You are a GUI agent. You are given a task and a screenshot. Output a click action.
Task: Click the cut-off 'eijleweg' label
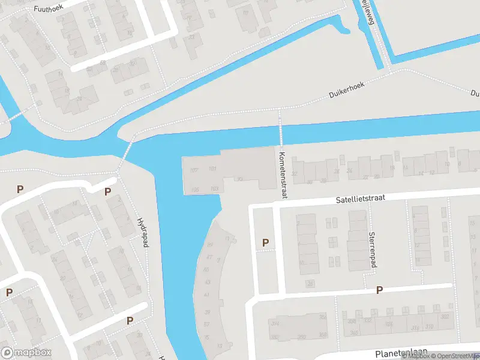click(365, 12)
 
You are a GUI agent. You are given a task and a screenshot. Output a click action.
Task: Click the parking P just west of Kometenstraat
click(265, 242)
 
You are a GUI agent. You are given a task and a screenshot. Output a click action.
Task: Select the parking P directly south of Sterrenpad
click(379, 290)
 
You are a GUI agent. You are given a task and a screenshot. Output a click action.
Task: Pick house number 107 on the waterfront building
click(194, 170)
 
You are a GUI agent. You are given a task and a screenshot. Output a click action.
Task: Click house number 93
click(240, 179)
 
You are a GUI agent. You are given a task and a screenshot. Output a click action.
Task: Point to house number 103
click(214, 189)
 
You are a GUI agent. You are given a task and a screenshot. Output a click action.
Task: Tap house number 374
click(275, 324)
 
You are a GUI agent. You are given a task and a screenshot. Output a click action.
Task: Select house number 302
click(445, 316)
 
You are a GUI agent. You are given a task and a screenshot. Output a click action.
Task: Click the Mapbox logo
click(26, 352)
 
